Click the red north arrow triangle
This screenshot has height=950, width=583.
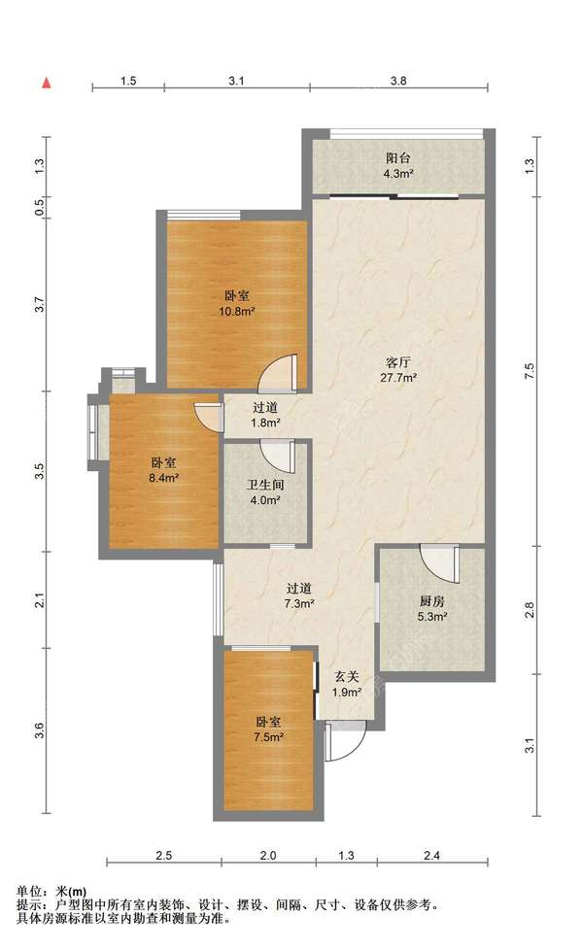[x=46, y=83]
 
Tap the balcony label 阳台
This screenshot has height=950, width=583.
[x=398, y=158]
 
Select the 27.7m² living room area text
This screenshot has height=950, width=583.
[x=398, y=378]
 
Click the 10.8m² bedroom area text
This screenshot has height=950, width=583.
[x=236, y=312]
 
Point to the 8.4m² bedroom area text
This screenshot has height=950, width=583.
[x=163, y=478]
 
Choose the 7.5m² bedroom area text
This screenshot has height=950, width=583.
[x=269, y=737]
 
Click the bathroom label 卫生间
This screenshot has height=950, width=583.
[x=265, y=486]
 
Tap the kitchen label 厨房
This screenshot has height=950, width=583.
[x=432, y=601]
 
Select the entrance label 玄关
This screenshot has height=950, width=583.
[x=347, y=677]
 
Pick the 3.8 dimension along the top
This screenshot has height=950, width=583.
[x=398, y=81]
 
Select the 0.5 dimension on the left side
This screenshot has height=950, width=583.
[x=40, y=208]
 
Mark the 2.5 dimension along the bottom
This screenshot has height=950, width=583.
[x=163, y=856]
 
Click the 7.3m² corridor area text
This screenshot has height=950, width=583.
[x=298, y=603]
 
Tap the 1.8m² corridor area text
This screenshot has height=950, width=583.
[x=265, y=424]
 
